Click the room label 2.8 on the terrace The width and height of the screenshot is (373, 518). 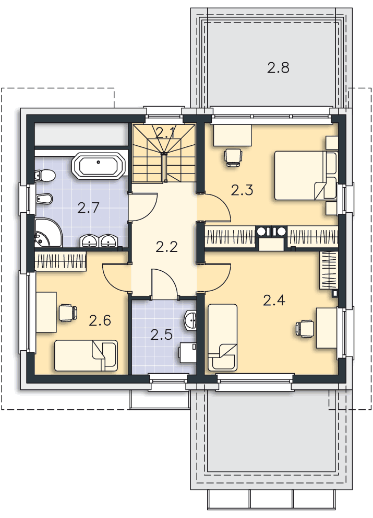pyautogui.click(x=278, y=68)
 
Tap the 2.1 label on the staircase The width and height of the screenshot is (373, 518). pyautogui.click(x=165, y=133)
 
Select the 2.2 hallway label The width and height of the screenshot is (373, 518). pyautogui.click(x=166, y=247)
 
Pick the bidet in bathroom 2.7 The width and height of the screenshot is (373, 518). pyautogui.click(x=43, y=199)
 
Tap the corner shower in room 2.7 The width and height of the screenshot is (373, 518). pyautogui.click(x=48, y=233)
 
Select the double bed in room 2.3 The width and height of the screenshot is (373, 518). pyautogui.click(x=306, y=176)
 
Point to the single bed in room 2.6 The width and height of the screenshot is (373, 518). pyautogui.click(x=86, y=355)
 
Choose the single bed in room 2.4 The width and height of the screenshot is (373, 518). pyautogui.click(x=223, y=337)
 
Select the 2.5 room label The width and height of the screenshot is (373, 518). pyautogui.click(x=162, y=335)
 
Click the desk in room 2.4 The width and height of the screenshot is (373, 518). pyautogui.click(x=327, y=328)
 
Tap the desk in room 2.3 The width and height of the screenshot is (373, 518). pyautogui.click(x=233, y=135)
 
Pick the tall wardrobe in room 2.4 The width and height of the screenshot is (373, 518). pyautogui.click(x=329, y=270)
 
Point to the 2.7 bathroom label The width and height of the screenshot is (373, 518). pyautogui.click(x=88, y=208)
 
